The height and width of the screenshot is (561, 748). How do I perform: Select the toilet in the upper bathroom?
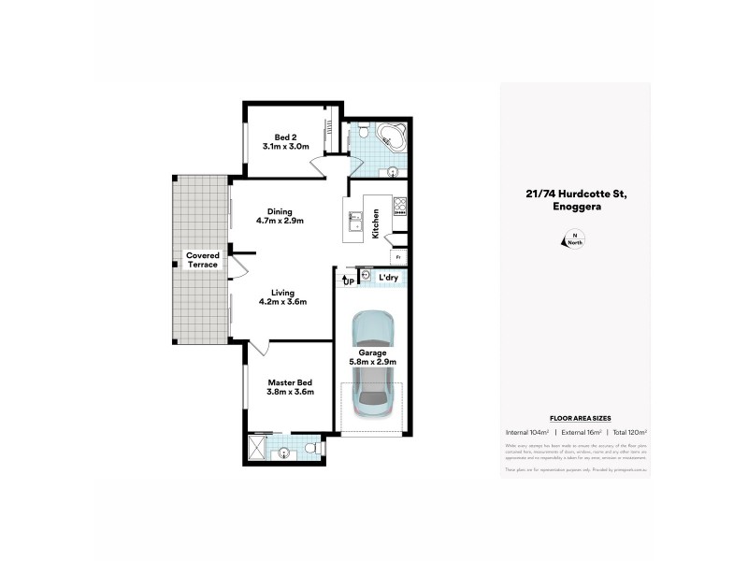click(360, 137)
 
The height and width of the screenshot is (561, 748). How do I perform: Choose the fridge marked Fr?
click(397, 256)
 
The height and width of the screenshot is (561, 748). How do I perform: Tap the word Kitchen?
click(375, 224)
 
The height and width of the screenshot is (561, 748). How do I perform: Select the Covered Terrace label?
click(201, 259)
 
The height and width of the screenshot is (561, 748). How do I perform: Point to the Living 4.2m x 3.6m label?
click(283, 296)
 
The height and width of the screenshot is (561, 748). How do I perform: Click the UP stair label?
click(348, 280)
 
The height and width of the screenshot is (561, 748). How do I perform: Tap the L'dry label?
click(388, 278)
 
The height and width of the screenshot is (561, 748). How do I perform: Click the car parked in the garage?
click(373, 365)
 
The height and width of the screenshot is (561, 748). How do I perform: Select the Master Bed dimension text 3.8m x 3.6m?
click(289, 393)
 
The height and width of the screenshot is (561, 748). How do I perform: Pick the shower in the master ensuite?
click(258, 449)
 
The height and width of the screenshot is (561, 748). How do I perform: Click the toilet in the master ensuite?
click(316, 450)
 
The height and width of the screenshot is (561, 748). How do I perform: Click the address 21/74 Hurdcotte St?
click(575, 194)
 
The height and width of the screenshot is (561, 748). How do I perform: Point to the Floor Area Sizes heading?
click(574, 418)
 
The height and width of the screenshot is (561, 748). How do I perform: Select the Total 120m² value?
click(628, 432)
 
